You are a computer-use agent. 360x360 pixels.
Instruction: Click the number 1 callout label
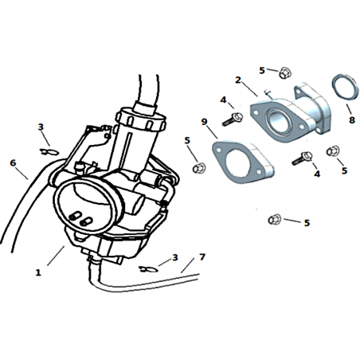(38, 272)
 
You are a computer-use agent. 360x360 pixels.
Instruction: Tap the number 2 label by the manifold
(238, 80)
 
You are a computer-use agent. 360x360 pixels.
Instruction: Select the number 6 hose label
(13, 162)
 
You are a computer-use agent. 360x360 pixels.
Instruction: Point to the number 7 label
(202, 257)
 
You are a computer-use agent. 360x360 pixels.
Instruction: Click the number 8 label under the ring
(352, 120)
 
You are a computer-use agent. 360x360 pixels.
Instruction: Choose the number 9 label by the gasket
(204, 122)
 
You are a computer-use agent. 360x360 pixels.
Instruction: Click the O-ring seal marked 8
(346, 88)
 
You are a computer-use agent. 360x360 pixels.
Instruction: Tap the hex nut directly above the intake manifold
(285, 72)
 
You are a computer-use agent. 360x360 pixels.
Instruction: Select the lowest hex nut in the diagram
(275, 219)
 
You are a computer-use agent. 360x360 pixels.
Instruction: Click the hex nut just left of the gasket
(199, 168)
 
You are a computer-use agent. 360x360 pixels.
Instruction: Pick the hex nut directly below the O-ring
(333, 151)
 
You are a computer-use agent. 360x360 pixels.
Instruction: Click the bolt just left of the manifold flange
(233, 119)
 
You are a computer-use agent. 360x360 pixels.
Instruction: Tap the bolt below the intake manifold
(302, 158)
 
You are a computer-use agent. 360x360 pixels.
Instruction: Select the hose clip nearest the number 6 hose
(49, 152)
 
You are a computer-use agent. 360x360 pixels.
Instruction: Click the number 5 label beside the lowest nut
(307, 223)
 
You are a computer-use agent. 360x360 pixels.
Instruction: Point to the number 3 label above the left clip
(41, 127)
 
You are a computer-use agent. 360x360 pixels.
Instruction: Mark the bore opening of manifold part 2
(277, 120)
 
